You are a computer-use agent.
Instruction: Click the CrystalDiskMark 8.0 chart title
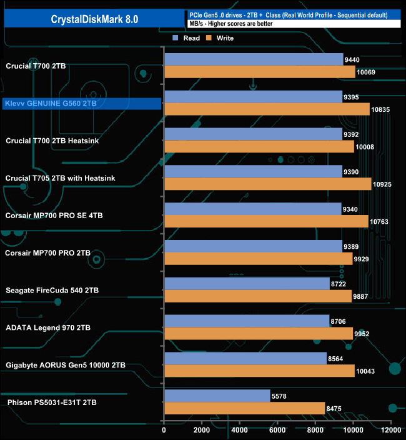click(94, 19)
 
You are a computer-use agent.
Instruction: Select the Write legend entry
click(219, 38)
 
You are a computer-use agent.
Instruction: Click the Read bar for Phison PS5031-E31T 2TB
click(217, 396)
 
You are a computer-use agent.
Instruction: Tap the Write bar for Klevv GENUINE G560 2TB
click(267, 109)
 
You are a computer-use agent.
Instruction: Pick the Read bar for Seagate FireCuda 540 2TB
click(247, 284)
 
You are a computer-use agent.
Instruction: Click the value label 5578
click(281, 396)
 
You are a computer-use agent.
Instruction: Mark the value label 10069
click(366, 72)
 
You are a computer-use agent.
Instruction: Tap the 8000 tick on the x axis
click(315, 430)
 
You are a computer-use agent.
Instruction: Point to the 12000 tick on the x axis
click(391, 430)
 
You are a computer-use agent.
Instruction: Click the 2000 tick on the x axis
click(202, 430)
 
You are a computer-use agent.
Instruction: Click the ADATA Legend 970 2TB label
click(47, 327)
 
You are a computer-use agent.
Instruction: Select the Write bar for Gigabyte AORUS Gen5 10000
click(259, 371)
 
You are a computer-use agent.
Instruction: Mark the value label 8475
click(336, 409)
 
